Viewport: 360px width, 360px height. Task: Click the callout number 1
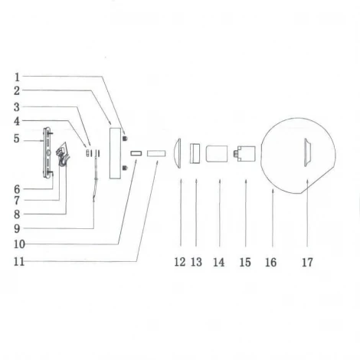coord(17,77)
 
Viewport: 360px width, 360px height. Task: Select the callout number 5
coord(17,138)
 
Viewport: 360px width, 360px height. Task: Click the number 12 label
coord(179,263)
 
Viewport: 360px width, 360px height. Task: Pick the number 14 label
coord(219,263)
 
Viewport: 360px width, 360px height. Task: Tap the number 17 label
coord(307,263)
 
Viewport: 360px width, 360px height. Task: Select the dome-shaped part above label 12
coord(178,153)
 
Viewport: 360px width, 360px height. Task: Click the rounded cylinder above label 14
coord(219,152)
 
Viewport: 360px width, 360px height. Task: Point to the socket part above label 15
coord(245,152)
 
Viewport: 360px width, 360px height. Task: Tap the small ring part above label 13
coord(195,152)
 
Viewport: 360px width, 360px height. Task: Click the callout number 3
coord(17,106)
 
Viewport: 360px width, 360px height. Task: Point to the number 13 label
coord(196,263)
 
